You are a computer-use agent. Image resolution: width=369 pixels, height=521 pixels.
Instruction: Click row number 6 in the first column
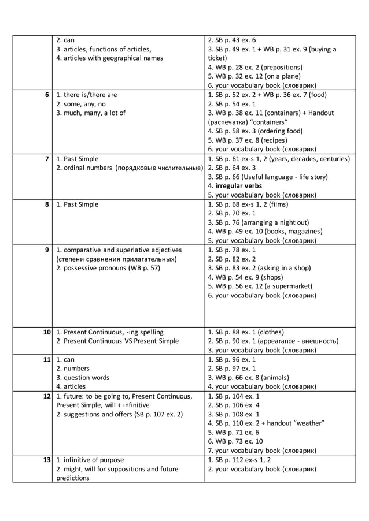click(x=47, y=95)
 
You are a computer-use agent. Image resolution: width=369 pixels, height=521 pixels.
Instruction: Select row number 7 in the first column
click(x=47, y=158)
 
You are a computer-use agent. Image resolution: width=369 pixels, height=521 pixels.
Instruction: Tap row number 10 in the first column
click(x=45, y=332)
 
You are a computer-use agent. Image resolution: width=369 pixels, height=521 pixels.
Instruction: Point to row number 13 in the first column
click(x=45, y=460)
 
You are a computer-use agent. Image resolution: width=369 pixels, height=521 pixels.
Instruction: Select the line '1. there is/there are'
click(x=87, y=95)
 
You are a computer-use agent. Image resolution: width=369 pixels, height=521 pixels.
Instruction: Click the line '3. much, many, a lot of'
click(x=91, y=113)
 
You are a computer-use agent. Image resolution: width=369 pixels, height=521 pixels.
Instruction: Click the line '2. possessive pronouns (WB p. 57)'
click(x=108, y=267)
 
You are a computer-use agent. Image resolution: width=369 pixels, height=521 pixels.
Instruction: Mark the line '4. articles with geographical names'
click(x=109, y=58)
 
